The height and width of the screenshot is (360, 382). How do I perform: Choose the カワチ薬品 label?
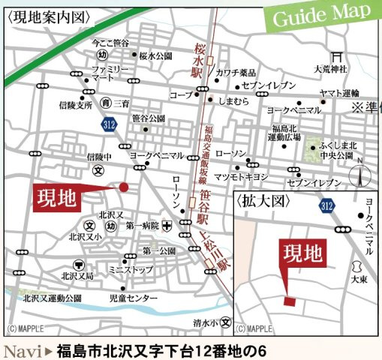236,73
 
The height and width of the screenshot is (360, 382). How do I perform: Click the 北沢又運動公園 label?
52,298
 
